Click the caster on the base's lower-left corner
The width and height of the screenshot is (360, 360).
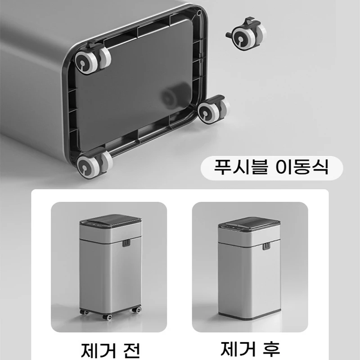pyautogui.click(x=90, y=164)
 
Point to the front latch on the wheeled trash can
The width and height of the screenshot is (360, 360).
pyautogui.click(x=126, y=243)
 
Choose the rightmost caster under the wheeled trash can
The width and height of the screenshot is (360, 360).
pyautogui.click(x=136, y=310)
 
